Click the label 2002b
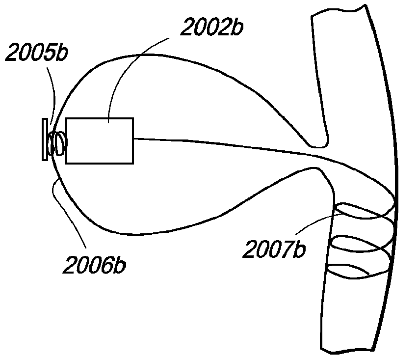[212, 28]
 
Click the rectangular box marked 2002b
[100, 140]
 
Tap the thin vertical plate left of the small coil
[45, 139]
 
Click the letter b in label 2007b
[299, 249]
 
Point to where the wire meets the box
[133, 139]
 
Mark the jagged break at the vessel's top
[339, 12]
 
